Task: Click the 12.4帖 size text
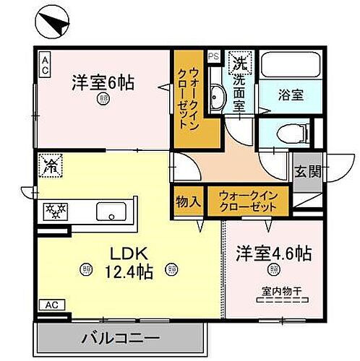(127, 274)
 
